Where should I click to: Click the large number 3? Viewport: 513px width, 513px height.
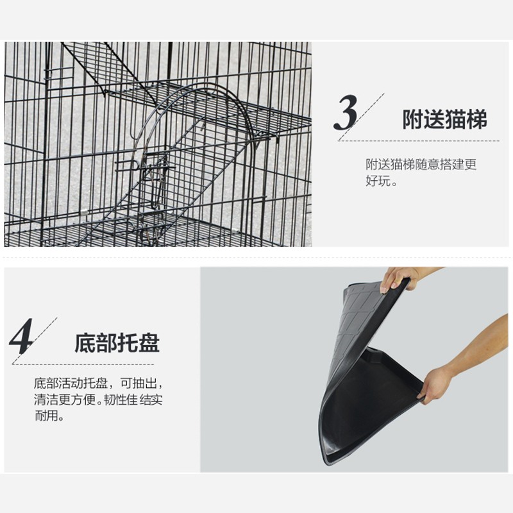pyautogui.click(x=346, y=113)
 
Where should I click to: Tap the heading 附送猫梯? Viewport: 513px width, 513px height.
pyautogui.click(x=444, y=119)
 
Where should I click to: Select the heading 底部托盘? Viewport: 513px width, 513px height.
pyautogui.click(x=117, y=343)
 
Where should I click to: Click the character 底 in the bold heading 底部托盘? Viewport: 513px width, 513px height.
pyautogui.click(x=85, y=343)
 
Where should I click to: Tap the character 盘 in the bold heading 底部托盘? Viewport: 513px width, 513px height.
pyautogui.click(x=149, y=343)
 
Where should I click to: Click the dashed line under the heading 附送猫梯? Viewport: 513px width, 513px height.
pyautogui.click(x=419, y=141)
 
